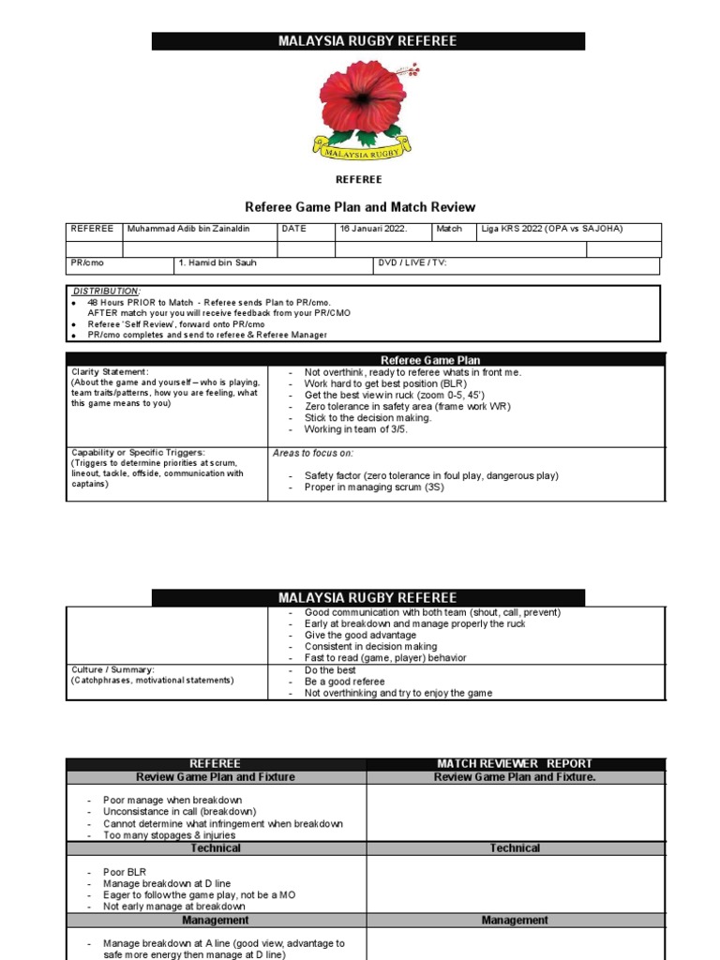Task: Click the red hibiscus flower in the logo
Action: pos(362,98)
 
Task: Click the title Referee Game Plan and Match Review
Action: pos(360,207)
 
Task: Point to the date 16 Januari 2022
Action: pos(373,229)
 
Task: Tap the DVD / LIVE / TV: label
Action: pos(412,263)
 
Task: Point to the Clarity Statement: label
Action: pos(110,372)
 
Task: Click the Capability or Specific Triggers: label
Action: pos(138,453)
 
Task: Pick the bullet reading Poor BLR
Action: pos(125,872)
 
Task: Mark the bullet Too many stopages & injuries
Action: pos(170,835)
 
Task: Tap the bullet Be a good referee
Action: pos(344,682)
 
